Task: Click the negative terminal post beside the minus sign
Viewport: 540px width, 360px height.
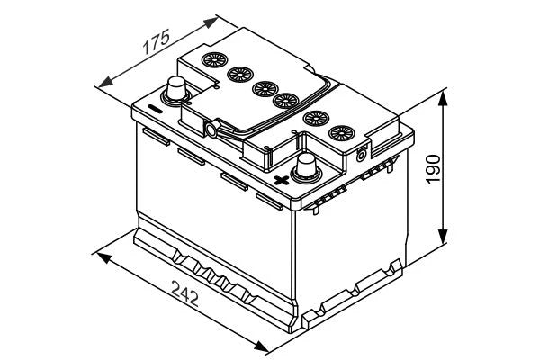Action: [175, 88]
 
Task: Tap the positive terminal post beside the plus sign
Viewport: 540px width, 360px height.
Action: [308, 166]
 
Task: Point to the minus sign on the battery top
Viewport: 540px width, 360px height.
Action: [154, 109]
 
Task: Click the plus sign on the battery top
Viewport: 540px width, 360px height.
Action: [281, 179]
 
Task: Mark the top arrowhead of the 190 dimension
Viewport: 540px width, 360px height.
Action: [445, 94]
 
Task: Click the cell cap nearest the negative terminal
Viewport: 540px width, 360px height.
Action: [217, 63]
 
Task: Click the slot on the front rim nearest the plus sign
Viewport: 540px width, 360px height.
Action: [267, 197]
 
